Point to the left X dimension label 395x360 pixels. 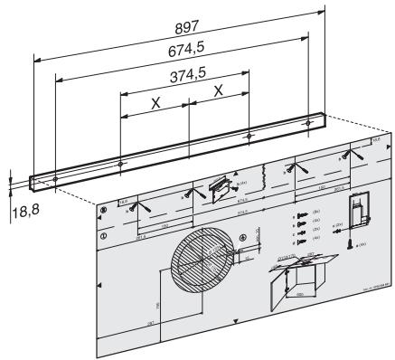click(x=156, y=103)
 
